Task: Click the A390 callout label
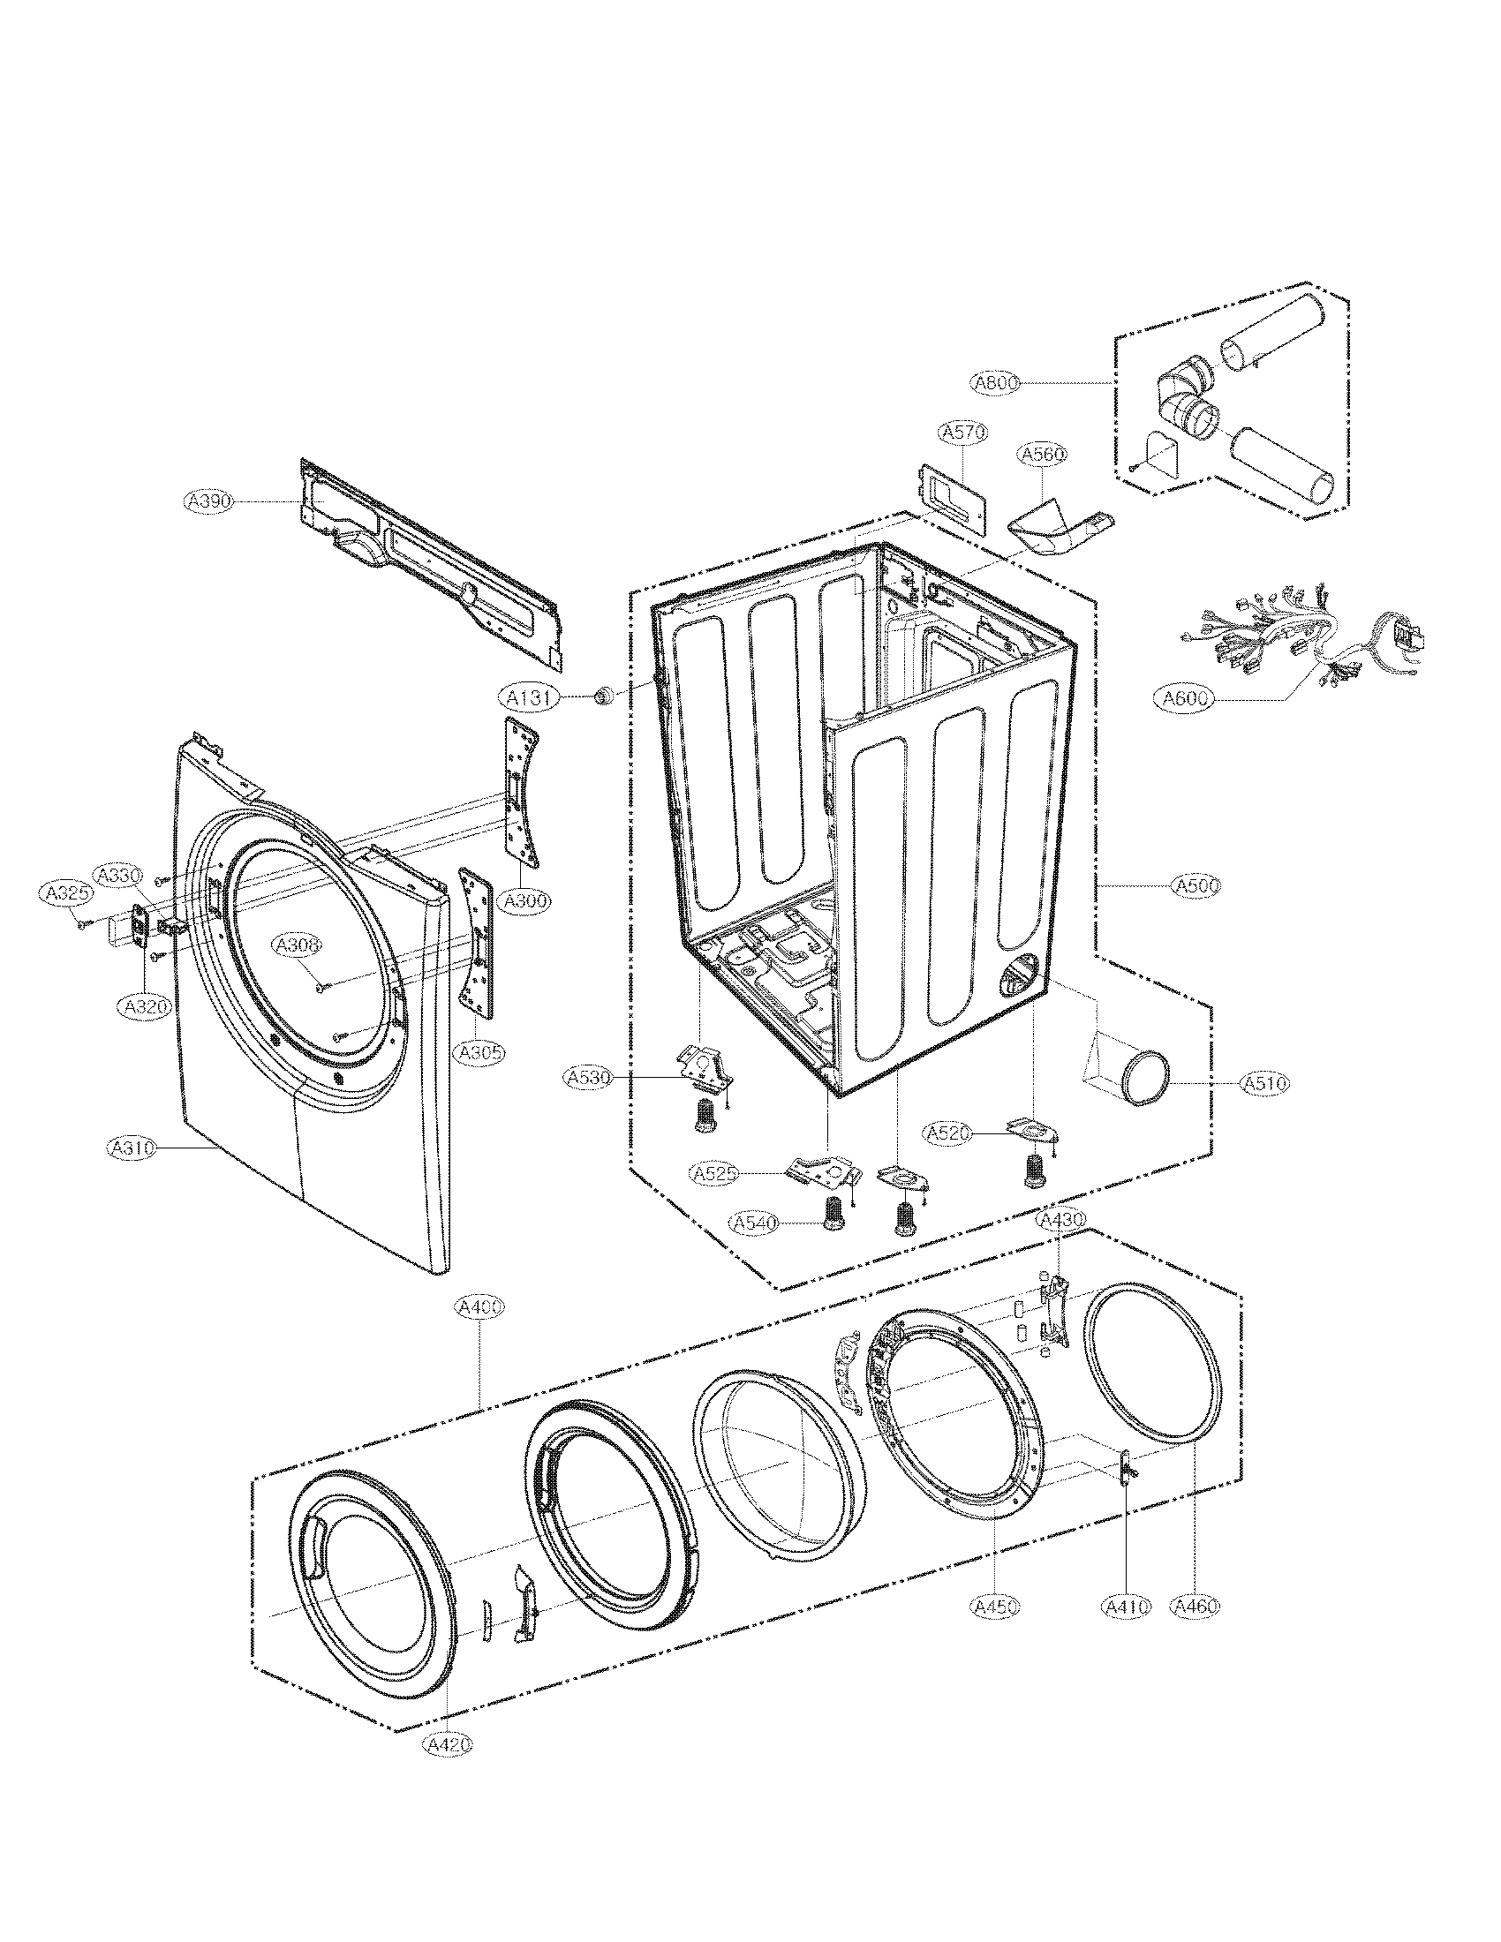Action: (208, 501)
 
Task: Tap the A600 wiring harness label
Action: (1185, 699)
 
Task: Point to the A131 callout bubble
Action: (526, 699)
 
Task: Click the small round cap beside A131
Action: (605, 696)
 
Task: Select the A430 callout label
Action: (1060, 1221)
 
